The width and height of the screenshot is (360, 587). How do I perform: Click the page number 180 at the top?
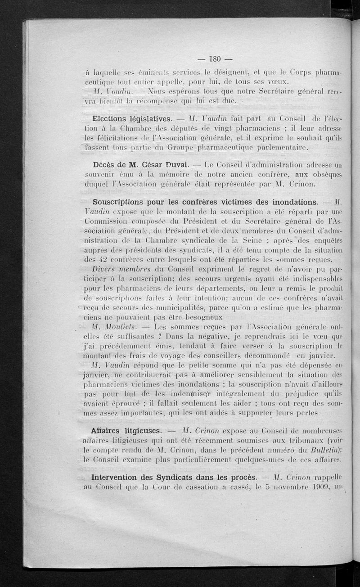[x=213, y=59]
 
